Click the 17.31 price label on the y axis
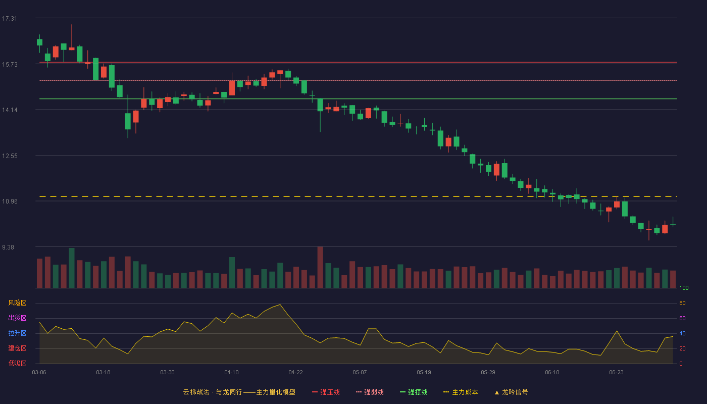pyautogui.click(x=10, y=19)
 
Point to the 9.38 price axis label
pyautogui.click(x=8, y=247)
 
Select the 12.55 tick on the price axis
pyautogui.click(x=10, y=156)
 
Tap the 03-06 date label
pyautogui.click(x=39, y=373)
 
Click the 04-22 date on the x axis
pyautogui.click(x=295, y=373)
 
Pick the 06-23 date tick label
pyautogui.click(x=616, y=373)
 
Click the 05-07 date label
pyautogui.click(x=360, y=373)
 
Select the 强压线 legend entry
pyautogui.click(x=326, y=392)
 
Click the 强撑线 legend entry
pyautogui.click(x=414, y=392)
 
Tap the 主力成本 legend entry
pyautogui.click(x=461, y=392)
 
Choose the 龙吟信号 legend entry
pyautogui.click(x=511, y=392)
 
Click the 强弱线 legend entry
pyautogui.click(x=370, y=392)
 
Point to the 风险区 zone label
pyautogui.click(x=17, y=303)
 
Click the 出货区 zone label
pyautogui.click(x=17, y=318)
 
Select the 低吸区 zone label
pyautogui.click(x=17, y=363)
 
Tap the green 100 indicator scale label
pyautogui.click(x=684, y=288)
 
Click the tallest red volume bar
pyautogui.click(x=320, y=267)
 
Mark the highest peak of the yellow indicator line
pyautogui.click(x=280, y=305)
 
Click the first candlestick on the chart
pyautogui.click(x=39, y=42)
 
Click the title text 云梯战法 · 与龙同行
pyautogui.click(x=213, y=392)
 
